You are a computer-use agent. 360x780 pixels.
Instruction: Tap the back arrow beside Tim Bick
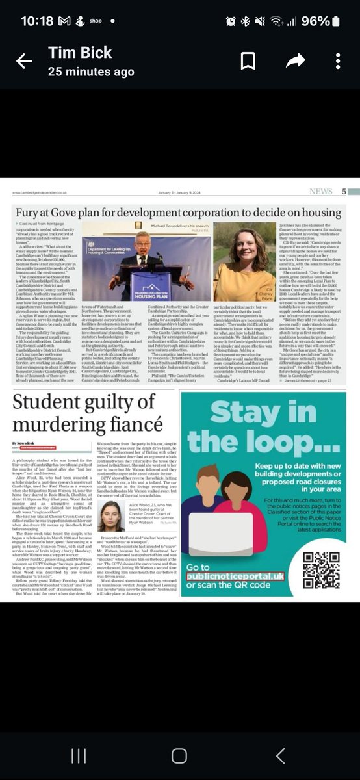click(x=24, y=61)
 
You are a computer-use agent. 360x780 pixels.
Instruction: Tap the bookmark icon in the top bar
click(x=248, y=61)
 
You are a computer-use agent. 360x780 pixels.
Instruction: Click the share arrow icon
click(x=295, y=61)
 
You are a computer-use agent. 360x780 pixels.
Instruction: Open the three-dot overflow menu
click(x=338, y=61)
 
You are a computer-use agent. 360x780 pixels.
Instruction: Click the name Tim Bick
click(x=80, y=52)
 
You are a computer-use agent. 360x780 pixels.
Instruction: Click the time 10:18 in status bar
click(x=36, y=21)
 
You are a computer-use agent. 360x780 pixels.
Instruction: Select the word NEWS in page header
click(x=320, y=192)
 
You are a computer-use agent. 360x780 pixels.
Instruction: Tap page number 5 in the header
click(x=344, y=192)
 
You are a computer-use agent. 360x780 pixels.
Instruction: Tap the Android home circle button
click(x=179, y=755)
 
